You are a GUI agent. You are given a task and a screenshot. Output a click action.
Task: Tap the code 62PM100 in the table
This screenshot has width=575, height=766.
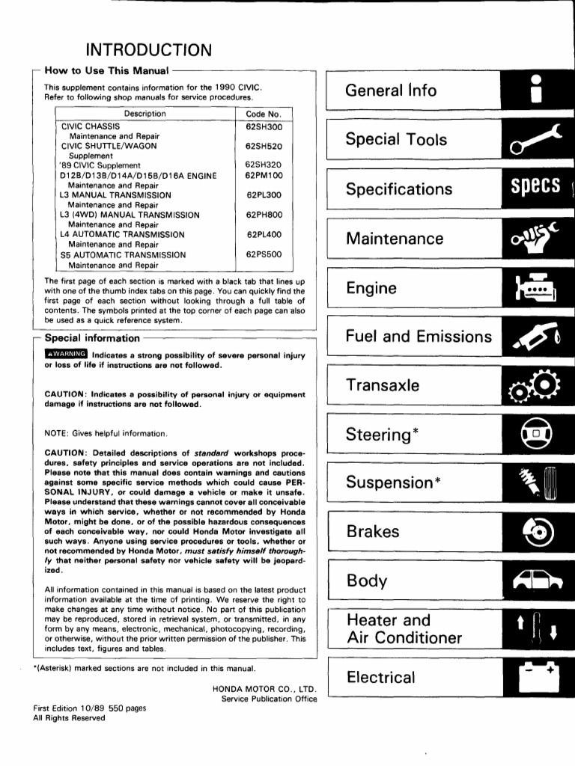pos(263,175)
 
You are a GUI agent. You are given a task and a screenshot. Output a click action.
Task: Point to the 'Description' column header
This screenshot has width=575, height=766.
pos(145,114)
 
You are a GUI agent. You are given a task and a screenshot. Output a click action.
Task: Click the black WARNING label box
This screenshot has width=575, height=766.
pos(66,354)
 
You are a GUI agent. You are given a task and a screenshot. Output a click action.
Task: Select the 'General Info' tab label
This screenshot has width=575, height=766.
pos(391,91)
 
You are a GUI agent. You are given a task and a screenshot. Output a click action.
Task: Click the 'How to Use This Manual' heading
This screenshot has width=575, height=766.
pos(106,70)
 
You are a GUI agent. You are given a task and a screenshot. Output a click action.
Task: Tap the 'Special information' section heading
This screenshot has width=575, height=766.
pos(92,338)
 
